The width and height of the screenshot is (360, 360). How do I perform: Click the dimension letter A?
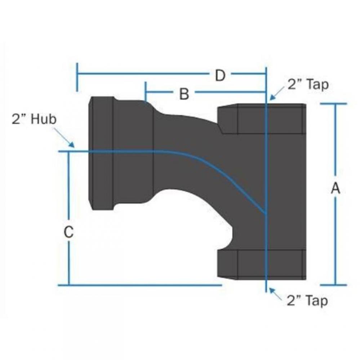pyautogui.click(x=335, y=188)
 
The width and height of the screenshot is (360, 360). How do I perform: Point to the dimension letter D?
pyautogui.click(x=220, y=75)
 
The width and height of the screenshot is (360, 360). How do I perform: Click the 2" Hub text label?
pyautogui.click(x=34, y=119)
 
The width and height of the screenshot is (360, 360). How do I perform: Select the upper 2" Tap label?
pyautogui.click(x=308, y=84)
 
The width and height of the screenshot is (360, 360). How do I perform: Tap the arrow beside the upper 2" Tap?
pyautogui.click(x=277, y=93)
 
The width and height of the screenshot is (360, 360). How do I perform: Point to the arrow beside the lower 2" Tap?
pyautogui.click(x=277, y=293)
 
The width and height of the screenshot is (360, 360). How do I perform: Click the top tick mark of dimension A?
pyautogui.click(x=334, y=104)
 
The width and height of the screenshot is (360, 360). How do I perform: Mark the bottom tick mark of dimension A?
pyautogui.click(x=334, y=285)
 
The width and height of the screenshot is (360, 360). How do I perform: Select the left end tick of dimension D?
pyautogui.click(x=77, y=77)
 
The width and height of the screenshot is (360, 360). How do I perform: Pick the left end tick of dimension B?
pyautogui.click(x=145, y=91)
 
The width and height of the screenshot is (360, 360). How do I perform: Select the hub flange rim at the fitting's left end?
pyautogui.click(x=102, y=153)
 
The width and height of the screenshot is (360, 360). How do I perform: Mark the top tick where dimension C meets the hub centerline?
pyautogui.click(x=68, y=152)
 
